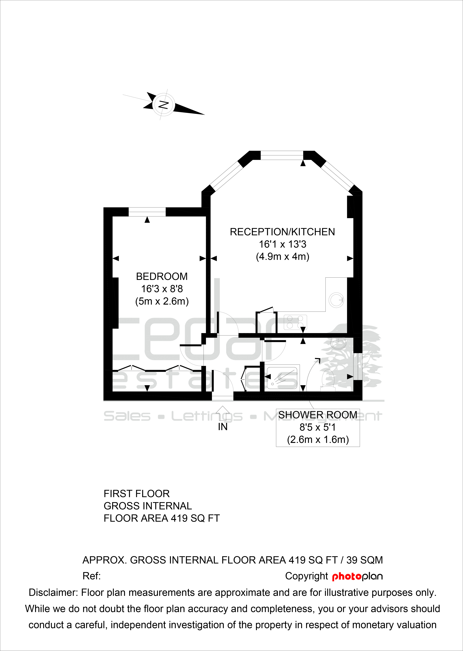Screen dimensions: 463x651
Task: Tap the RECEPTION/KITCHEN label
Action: pyautogui.click(x=282, y=232)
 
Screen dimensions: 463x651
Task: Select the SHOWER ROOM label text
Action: pyautogui.click(x=318, y=415)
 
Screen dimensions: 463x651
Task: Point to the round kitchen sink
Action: pyautogui.click(x=336, y=300)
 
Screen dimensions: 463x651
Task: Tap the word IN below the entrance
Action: pyautogui.click(x=223, y=427)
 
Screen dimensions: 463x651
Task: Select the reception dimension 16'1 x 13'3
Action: pyautogui.click(x=282, y=244)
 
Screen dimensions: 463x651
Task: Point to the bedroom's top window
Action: pyautogui.click(x=147, y=212)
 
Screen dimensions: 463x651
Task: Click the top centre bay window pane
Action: pyautogui.click(x=282, y=155)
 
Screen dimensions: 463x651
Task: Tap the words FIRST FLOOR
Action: pyautogui.click(x=137, y=494)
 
